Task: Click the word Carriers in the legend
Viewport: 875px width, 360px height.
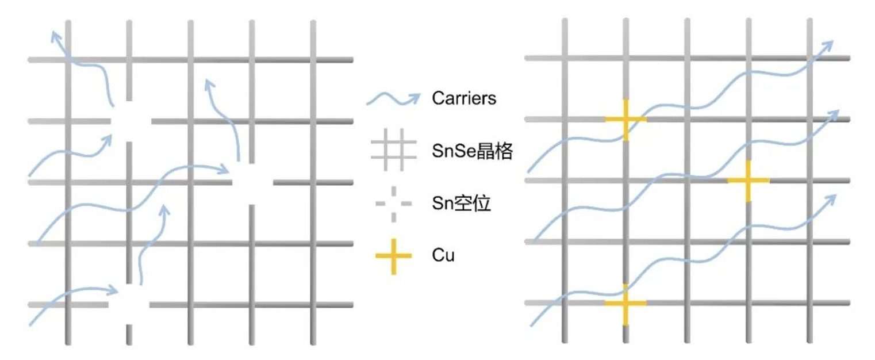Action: [464, 98]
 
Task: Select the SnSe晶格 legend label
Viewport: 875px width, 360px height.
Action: [472, 151]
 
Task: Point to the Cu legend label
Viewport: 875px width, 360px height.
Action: [443, 254]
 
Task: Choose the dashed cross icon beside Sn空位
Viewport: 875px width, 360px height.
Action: [393, 203]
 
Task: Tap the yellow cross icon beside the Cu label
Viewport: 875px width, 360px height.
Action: [393, 254]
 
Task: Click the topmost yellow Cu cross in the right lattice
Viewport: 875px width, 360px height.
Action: [625, 120]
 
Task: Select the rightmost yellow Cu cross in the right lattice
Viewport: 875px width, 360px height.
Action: [748, 181]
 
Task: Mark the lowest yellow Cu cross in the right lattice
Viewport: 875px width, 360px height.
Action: [625, 302]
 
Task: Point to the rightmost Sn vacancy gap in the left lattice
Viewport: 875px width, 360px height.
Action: [252, 182]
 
